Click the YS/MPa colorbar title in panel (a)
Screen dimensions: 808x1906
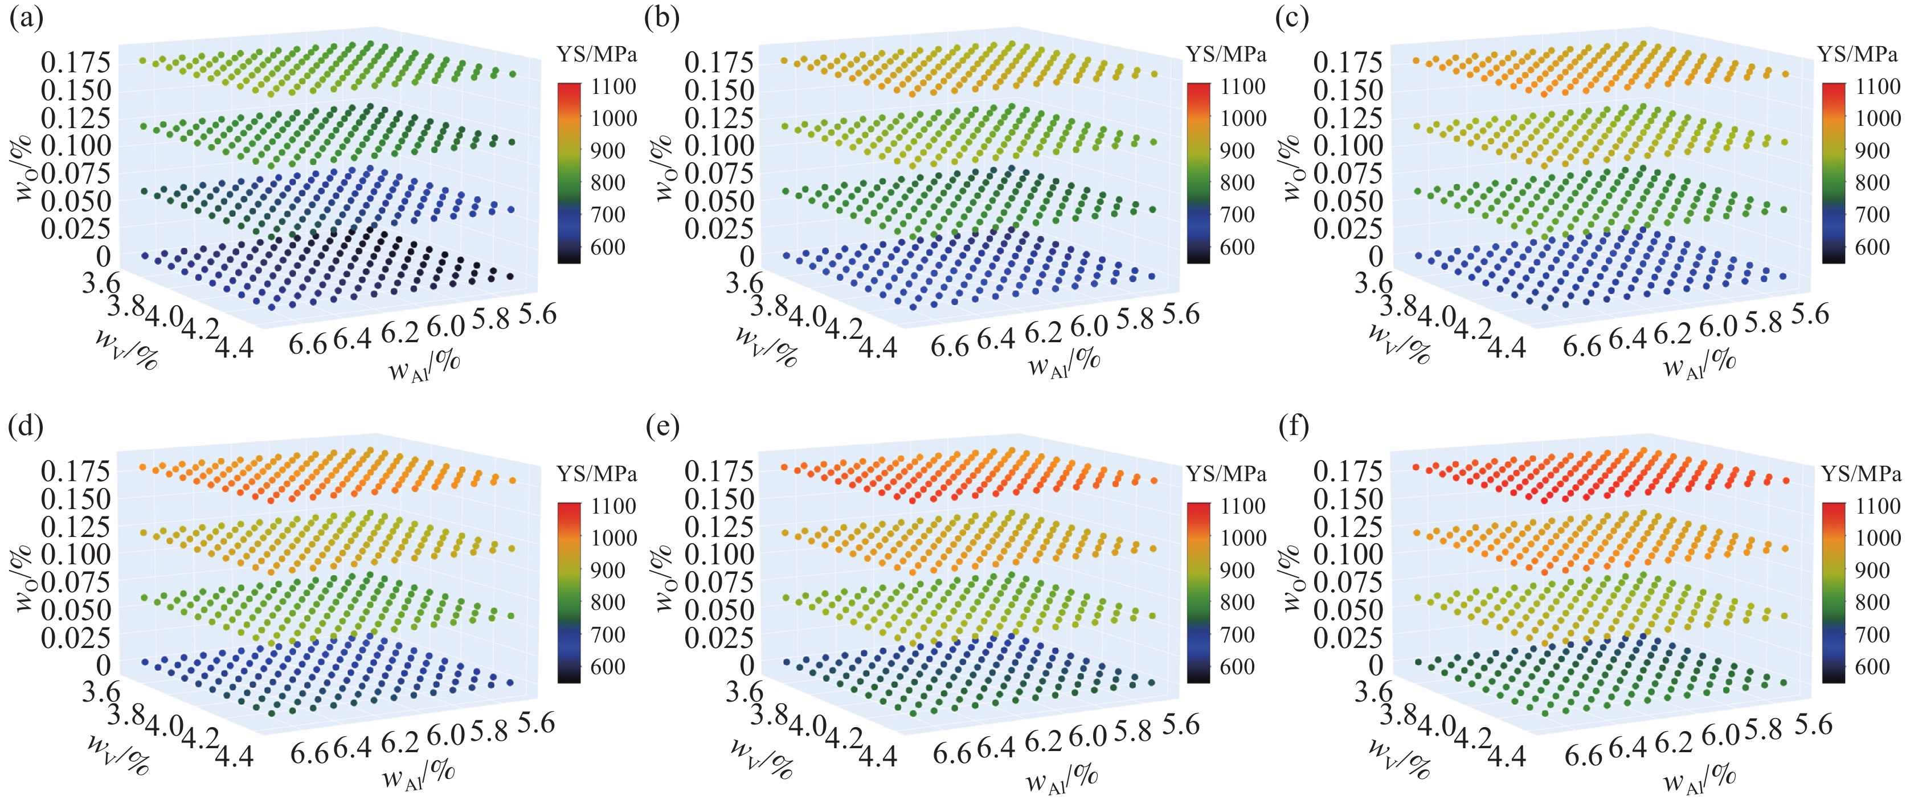[596, 54]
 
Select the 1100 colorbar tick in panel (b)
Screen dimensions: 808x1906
[1243, 87]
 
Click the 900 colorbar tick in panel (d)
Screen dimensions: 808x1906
[608, 571]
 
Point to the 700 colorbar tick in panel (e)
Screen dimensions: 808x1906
[1237, 635]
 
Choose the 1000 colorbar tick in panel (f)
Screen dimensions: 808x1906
[1878, 538]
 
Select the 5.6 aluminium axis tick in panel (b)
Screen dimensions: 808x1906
[1179, 314]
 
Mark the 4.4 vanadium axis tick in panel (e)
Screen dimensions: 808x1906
[878, 754]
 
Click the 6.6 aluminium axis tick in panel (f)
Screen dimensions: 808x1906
[1584, 756]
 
